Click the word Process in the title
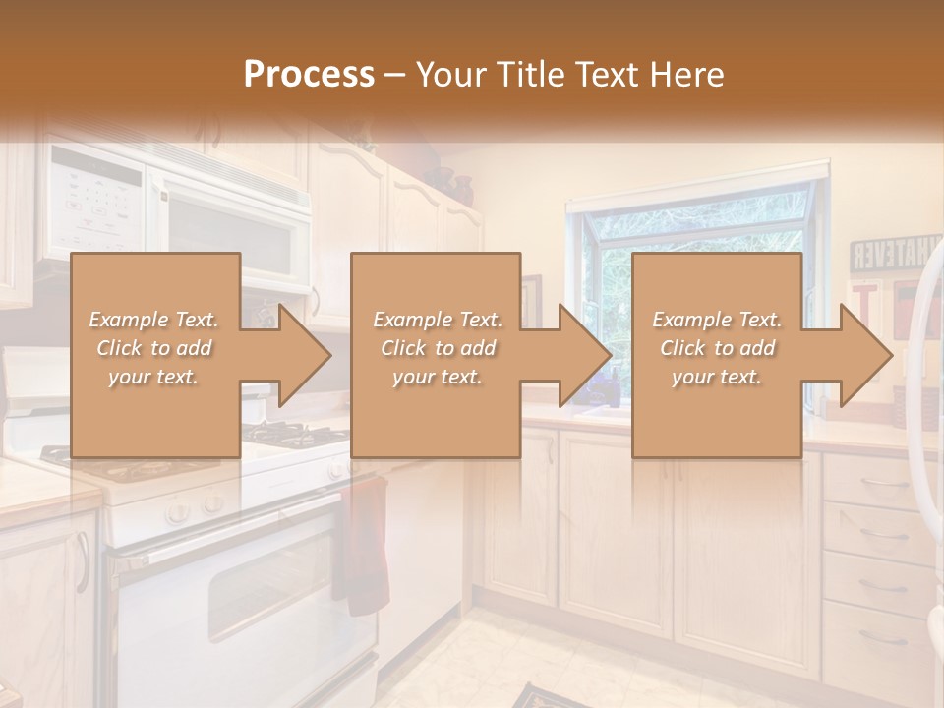click(309, 74)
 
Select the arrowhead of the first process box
click(296, 355)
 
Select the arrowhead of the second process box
click(577, 355)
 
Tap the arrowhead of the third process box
click(858, 355)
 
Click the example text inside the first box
click(153, 348)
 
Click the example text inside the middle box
click(437, 348)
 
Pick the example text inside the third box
click(717, 348)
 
